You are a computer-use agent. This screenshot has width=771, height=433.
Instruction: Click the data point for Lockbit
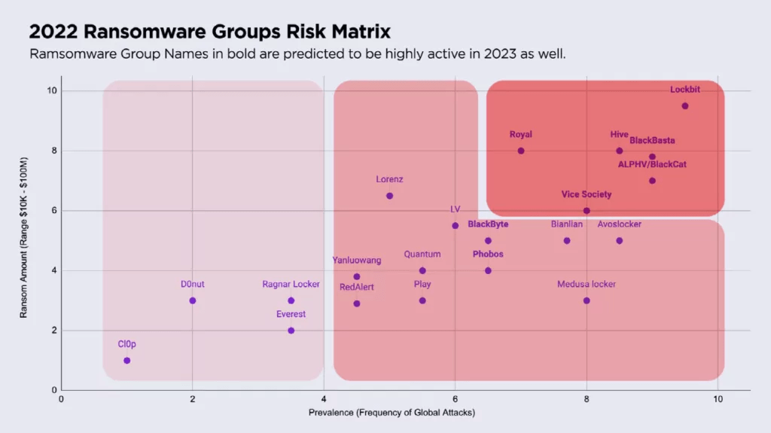pyautogui.click(x=685, y=106)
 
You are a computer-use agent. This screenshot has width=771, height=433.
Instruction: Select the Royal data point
pyautogui.click(x=521, y=151)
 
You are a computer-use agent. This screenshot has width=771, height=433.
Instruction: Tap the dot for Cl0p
pyautogui.click(x=126, y=360)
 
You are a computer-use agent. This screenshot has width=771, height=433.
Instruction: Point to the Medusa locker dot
pyautogui.click(x=587, y=300)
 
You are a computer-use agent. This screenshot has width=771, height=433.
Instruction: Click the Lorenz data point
pyautogui.click(x=389, y=196)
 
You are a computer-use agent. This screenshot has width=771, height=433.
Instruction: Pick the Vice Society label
pyautogui.click(x=587, y=194)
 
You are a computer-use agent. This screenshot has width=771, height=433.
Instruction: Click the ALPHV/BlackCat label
pyautogui.click(x=652, y=164)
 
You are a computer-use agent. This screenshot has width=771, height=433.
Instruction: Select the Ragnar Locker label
pyautogui.click(x=291, y=285)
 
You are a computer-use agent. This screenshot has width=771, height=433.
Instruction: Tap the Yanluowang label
pyautogui.click(x=357, y=261)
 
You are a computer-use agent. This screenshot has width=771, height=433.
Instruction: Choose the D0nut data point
pyautogui.click(x=193, y=300)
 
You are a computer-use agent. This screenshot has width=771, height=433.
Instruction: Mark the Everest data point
pyautogui.click(x=291, y=330)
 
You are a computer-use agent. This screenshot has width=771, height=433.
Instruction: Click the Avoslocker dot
pyautogui.click(x=620, y=241)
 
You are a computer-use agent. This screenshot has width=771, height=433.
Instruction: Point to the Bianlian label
pyautogui.click(x=567, y=224)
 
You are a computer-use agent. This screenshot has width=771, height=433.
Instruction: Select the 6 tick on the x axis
pyautogui.click(x=455, y=398)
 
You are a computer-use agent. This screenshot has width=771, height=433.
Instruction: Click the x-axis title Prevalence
pyautogui.click(x=392, y=413)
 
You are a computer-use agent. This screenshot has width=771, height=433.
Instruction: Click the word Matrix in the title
pyautogui.click(x=355, y=33)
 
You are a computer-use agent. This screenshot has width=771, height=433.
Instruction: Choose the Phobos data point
pyautogui.click(x=488, y=270)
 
